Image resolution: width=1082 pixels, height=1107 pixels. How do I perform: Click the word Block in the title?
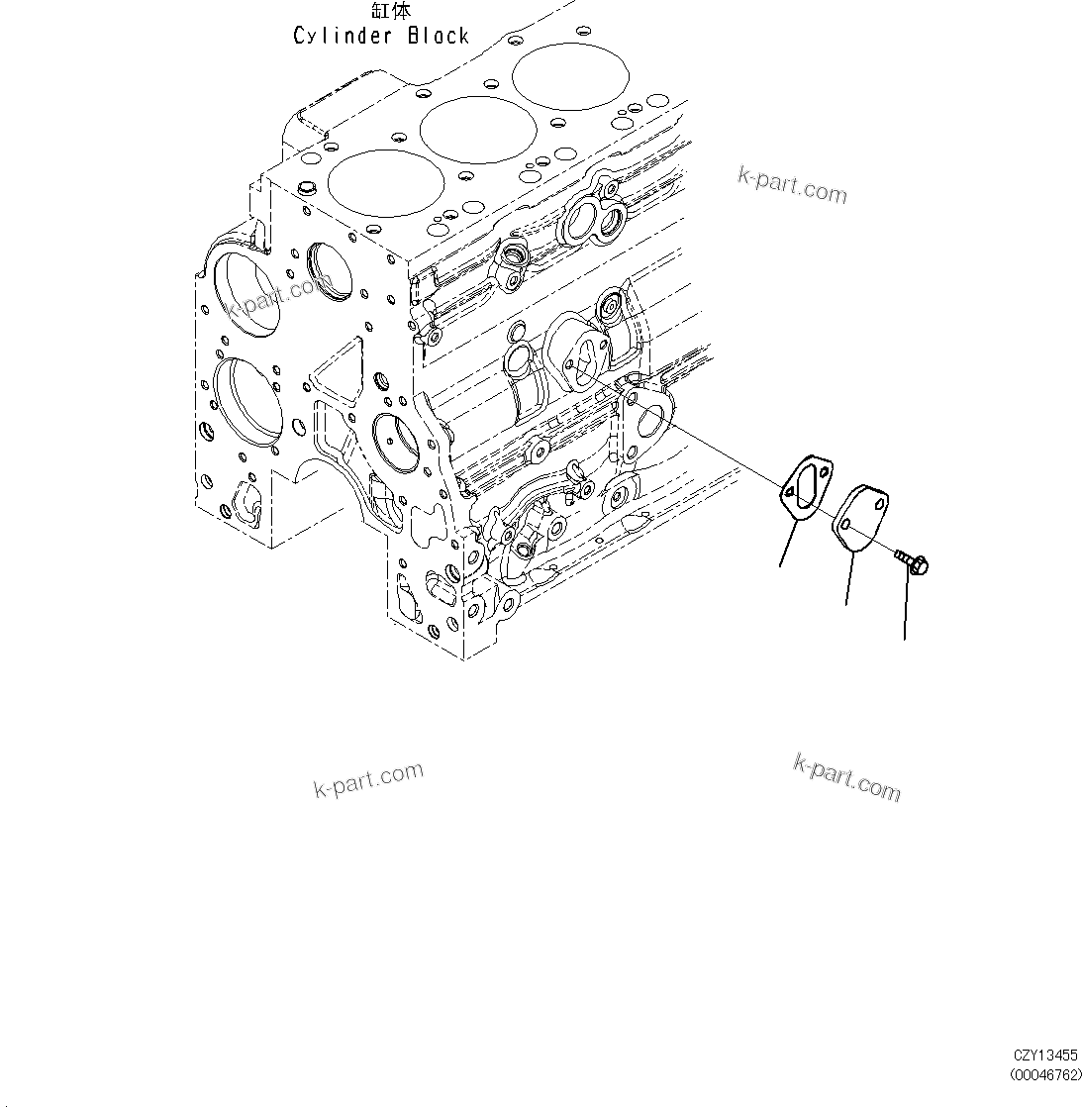tap(439, 37)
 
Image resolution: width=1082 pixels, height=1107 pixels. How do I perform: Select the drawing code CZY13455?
tap(1045, 1057)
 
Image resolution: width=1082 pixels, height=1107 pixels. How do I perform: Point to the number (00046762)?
tap(1045, 1075)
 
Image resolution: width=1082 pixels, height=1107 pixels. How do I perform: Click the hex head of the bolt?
tap(917, 565)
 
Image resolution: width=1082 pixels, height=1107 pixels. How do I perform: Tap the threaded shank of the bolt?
tap(901, 556)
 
